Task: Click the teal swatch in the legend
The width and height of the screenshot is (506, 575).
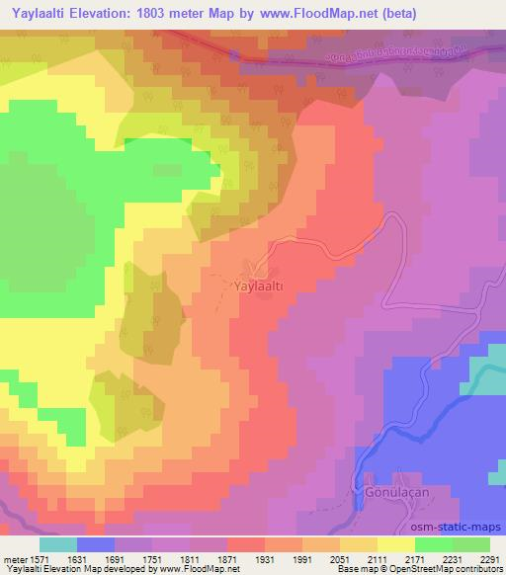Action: click(x=57, y=543)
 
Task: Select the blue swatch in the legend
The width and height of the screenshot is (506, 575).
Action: click(x=95, y=543)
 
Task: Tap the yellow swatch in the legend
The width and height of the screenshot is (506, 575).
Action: click(x=396, y=543)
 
